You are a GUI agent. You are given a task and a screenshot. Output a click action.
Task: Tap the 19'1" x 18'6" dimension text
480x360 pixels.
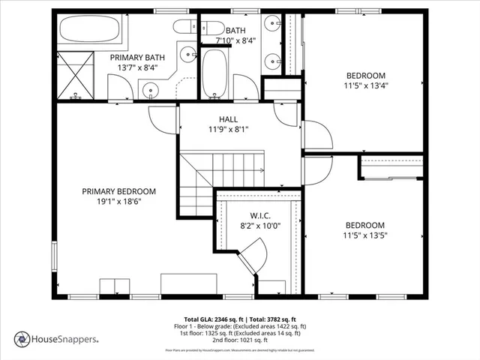(x=118, y=202)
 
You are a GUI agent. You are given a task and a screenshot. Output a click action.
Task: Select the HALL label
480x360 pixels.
(x=229, y=119)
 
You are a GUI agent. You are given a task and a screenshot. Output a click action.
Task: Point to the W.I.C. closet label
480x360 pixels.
(x=249, y=214)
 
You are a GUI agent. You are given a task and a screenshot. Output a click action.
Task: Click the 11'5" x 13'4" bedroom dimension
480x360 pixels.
(x=365, y=85)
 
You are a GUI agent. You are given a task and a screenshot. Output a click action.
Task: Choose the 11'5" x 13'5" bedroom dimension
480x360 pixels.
(x=365, y=235)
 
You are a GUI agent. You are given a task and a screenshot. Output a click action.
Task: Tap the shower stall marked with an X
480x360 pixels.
(x=75, y=74)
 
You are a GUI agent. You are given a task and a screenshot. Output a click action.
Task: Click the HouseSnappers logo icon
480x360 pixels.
(x=22, y=338)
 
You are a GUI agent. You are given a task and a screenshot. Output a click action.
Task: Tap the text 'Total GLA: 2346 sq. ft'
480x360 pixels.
(x=211, y=319)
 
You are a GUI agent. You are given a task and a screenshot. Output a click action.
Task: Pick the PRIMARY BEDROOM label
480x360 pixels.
(x=118, y=191)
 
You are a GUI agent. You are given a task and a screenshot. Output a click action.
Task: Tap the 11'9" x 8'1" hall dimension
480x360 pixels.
(x=229, y=129)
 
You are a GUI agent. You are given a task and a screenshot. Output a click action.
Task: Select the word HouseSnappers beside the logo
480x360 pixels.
(x=64, y=339)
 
